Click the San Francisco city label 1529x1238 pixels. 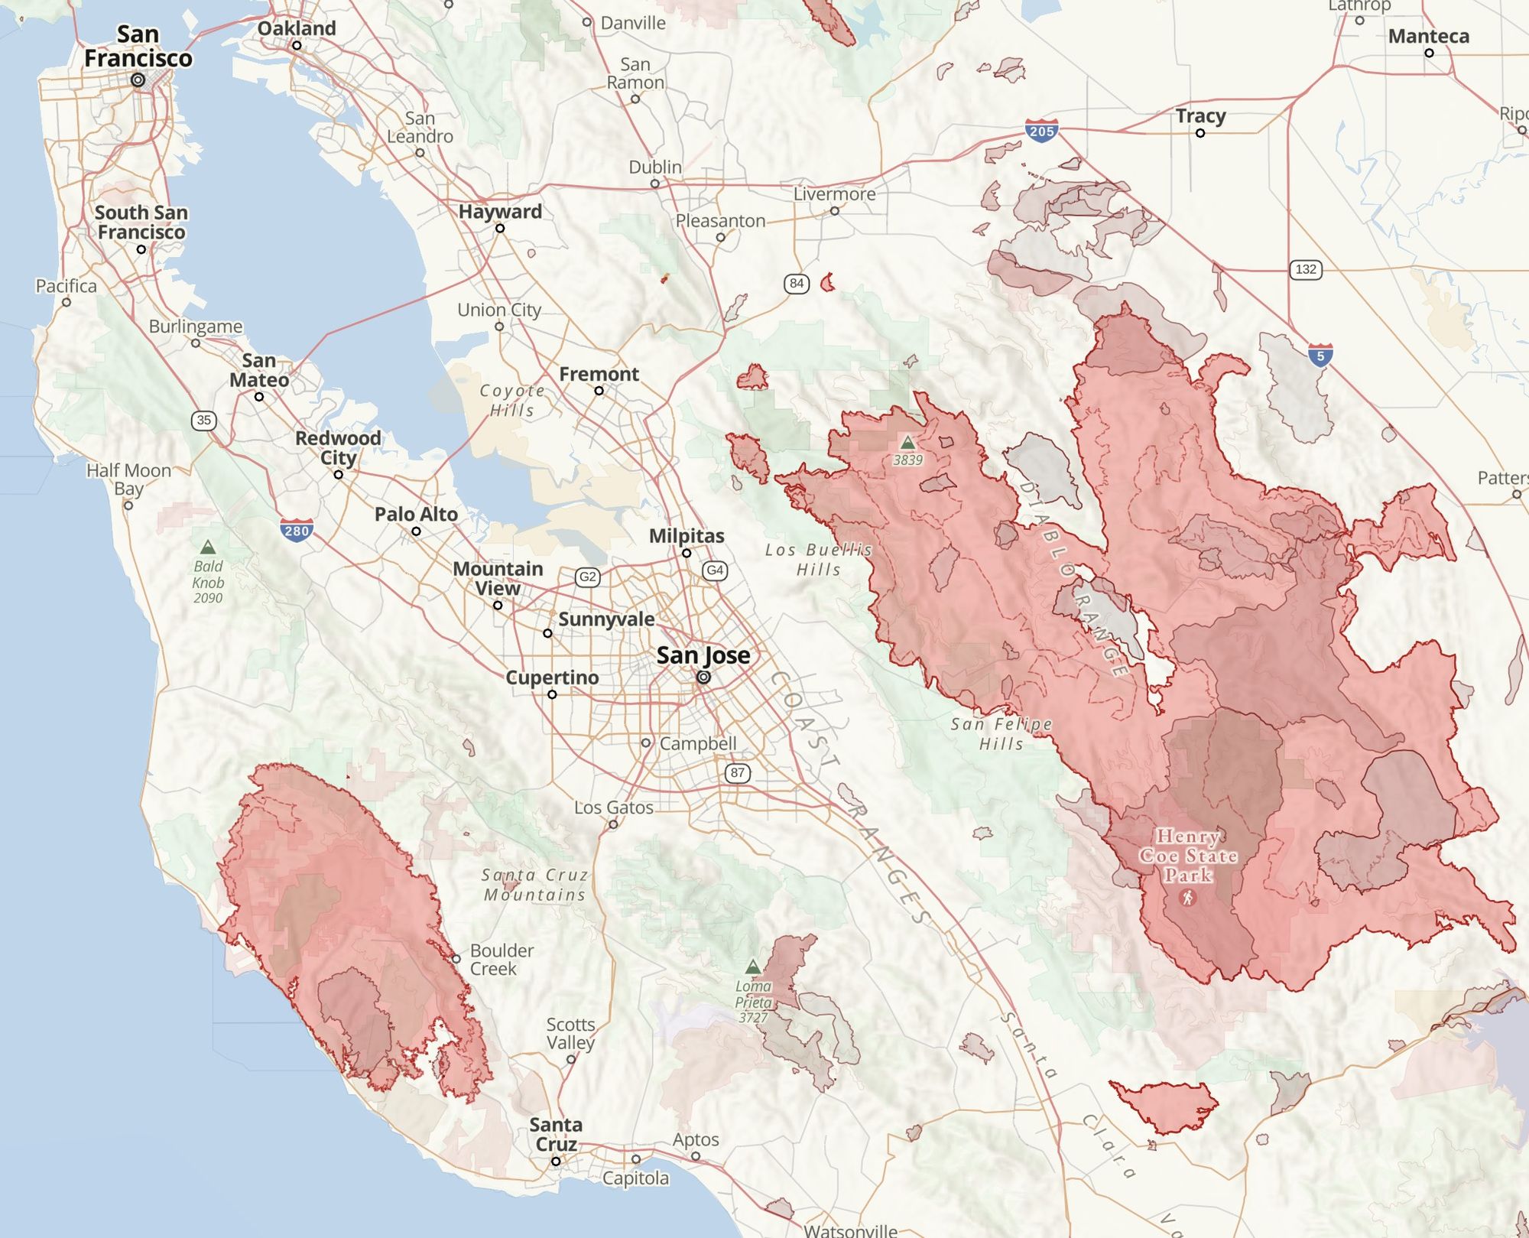tap(138, 46)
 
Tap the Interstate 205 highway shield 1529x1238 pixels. tap(1042, 131)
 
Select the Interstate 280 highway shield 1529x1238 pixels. tap(296, 531)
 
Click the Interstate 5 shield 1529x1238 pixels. tap(1320, 356)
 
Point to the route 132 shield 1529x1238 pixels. tap(1306, 269)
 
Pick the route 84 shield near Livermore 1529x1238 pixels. tap(797, 284)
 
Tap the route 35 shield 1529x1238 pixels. tap(203, 420)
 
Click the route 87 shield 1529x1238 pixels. tap(737, 772)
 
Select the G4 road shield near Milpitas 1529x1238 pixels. tap(715, 570)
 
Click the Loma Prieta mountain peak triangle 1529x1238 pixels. tap(753, 967)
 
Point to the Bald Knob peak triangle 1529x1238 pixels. tap(207, 548)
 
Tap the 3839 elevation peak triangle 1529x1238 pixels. tap(907, 442)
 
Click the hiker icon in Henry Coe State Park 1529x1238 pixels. tap(1188, 897)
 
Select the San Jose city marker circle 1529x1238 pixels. tap(703, 677)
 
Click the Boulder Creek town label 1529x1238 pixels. tap(502, 960)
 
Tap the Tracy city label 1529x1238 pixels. tap(1200, 115)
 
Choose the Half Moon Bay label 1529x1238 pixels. tap(128, 479)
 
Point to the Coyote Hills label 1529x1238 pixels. tap(512, 400)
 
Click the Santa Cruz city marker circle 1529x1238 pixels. tap(556, 1161)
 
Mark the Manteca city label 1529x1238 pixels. tap(1428, 36)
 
